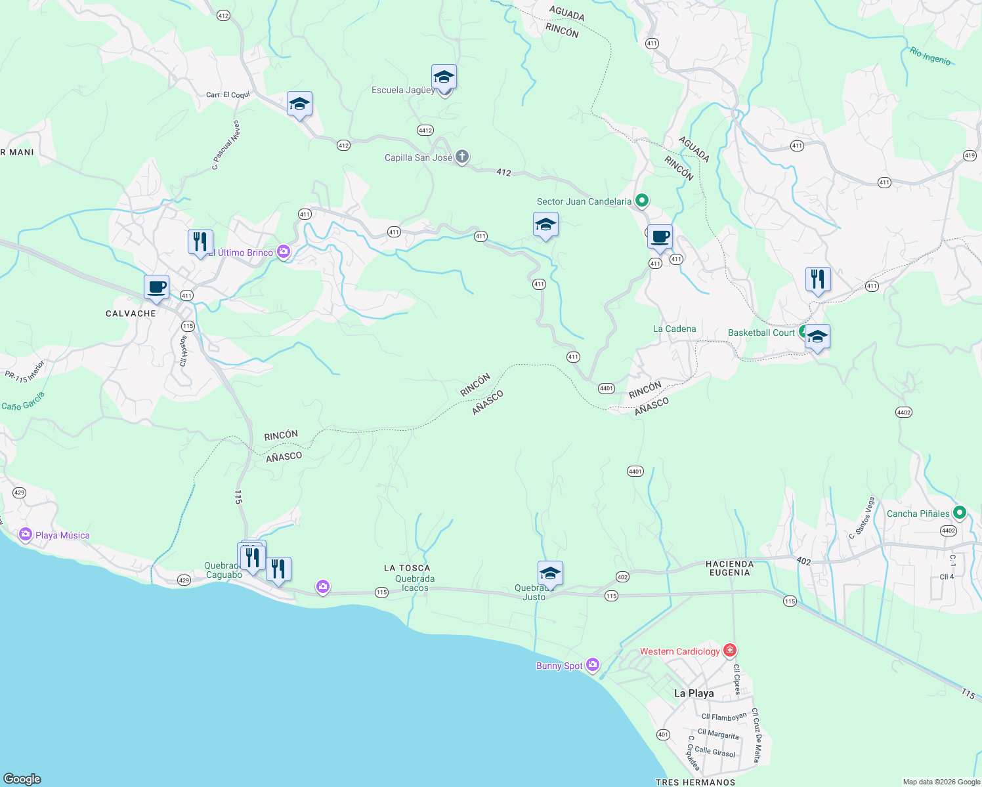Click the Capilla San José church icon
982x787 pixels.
click(462, 157)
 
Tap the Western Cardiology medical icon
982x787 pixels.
click(729, 651)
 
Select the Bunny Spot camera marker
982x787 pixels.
click(593, 665)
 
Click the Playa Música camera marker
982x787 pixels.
click(26, 535)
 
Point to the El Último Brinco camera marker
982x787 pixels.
click(284, 252)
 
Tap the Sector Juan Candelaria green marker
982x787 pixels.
click(642, 201)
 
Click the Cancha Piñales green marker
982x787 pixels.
click(960, 513)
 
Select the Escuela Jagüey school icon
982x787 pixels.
click(444, 77)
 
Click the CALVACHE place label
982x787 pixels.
click(131, 313)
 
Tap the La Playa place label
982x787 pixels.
click(694, 693)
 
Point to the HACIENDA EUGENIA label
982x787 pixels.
click(729, 568)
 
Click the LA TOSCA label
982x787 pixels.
click(407, 568)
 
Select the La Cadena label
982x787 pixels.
click(674, 329)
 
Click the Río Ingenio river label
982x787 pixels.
click(930, 56)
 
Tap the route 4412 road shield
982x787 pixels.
click(425, 131)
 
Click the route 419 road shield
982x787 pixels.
click(970, 155)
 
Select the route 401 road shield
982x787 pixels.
click(663, 735)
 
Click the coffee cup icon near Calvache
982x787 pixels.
click(157, 287)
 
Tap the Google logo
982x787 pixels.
click(22, 778)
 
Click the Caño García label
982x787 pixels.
click(23, 401)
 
